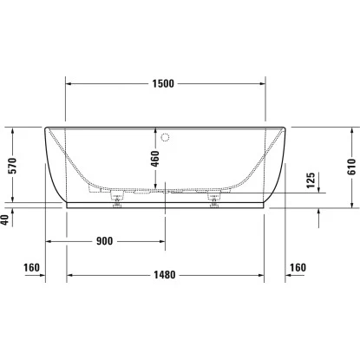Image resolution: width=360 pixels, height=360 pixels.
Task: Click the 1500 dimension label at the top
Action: tap(165, 83)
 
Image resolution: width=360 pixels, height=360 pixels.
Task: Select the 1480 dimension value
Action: tap(165, 275)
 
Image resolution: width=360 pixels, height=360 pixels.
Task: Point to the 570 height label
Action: tap(12, 166)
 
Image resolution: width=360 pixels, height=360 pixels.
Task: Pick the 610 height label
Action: tap(350, 166)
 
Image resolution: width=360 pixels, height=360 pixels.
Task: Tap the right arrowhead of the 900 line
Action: tap(164, 241)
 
